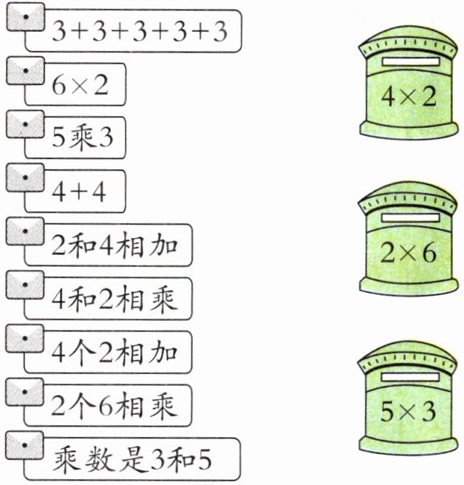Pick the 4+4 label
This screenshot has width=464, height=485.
point(80,191)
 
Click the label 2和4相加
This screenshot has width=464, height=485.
point(115,244)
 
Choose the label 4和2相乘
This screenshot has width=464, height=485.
point(115,298)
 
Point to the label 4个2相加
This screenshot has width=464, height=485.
point(115,350)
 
